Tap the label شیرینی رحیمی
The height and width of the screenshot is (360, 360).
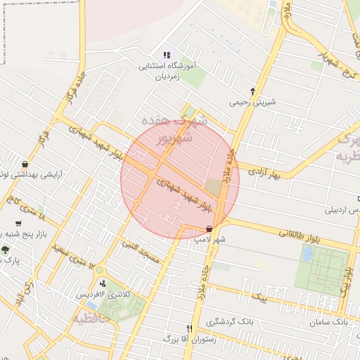point(252,103)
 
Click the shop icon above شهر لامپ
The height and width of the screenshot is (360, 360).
point(209,229)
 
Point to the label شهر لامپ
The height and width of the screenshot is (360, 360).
point(210,240)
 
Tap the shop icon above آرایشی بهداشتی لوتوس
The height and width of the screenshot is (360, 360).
point(25,164)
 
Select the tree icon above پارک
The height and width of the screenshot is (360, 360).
point(6,250)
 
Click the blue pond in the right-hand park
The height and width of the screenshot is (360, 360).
point(307,254)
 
